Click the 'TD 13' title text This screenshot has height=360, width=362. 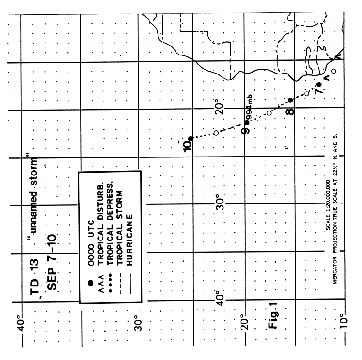pos(35,277)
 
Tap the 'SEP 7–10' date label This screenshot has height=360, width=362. pos(52,262)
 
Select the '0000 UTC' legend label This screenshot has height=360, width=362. pos(91,243)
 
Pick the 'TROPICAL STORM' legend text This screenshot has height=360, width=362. pos(120,228)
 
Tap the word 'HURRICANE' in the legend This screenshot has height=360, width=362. pos(129,240)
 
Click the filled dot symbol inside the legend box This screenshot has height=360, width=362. pos(91,283)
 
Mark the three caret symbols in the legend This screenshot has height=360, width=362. pos(101,283)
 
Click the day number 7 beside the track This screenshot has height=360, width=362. pos(319,91)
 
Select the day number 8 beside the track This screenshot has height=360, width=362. pos(290,111)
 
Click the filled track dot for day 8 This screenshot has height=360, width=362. pos(290,100)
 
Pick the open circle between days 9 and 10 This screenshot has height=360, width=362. pos(216,133)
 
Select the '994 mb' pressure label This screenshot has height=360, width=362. pos(250,107)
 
